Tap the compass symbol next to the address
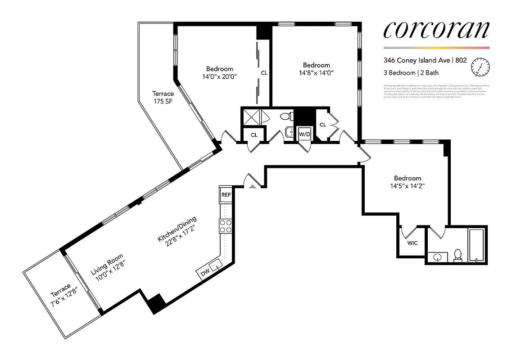(x=480, y=67)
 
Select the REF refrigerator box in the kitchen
(x=226, y=195)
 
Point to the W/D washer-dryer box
(x=305, y=134)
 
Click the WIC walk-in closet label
(x=412, y=243)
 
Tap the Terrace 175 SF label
(x=163, y=97)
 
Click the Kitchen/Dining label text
(x=177, y=232)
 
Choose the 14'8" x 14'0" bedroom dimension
(x=316, y=72)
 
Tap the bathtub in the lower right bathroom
(x=476, y=246)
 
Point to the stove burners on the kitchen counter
(x=225, y=226)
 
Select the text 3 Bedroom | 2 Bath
(x=411, y=72)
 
